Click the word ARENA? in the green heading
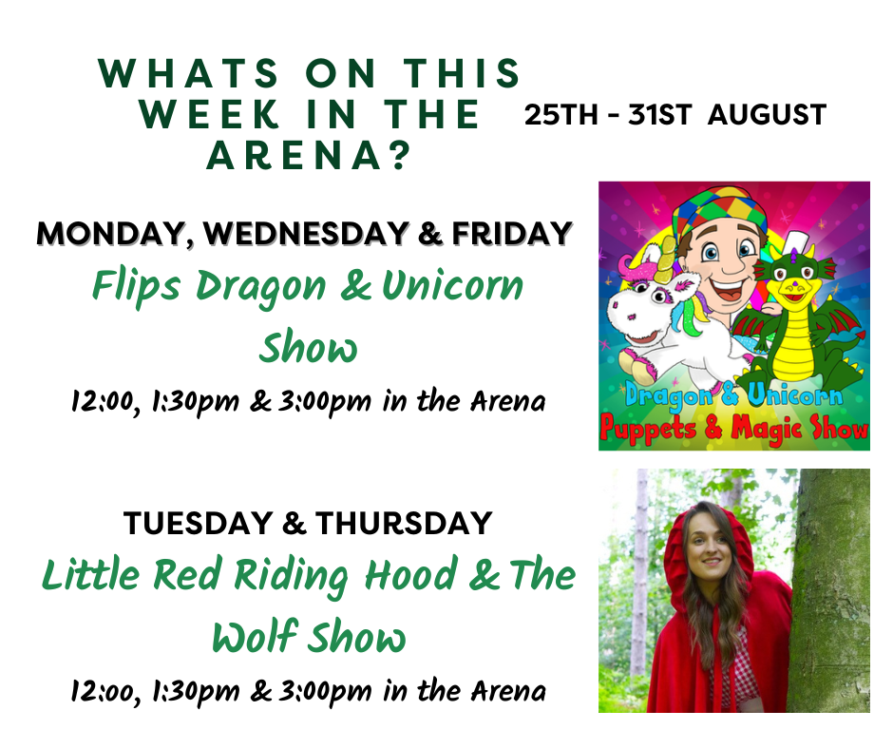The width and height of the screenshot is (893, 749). coord(309,156)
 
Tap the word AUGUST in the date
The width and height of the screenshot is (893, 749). coord(768,115)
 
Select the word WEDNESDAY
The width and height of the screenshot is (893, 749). coord(307,234)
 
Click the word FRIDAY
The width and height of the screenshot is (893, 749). coord(512,234)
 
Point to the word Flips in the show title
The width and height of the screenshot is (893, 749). coord(137,286)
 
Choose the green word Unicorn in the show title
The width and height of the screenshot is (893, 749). coord(453,285)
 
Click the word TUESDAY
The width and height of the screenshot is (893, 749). coord(199,524)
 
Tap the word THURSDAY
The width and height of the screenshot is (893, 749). coord(404,524)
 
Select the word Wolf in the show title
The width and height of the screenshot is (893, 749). coord(255,636)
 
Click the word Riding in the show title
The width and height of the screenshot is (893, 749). coord(291,576)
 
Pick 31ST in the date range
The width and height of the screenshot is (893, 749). coord(659,115)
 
